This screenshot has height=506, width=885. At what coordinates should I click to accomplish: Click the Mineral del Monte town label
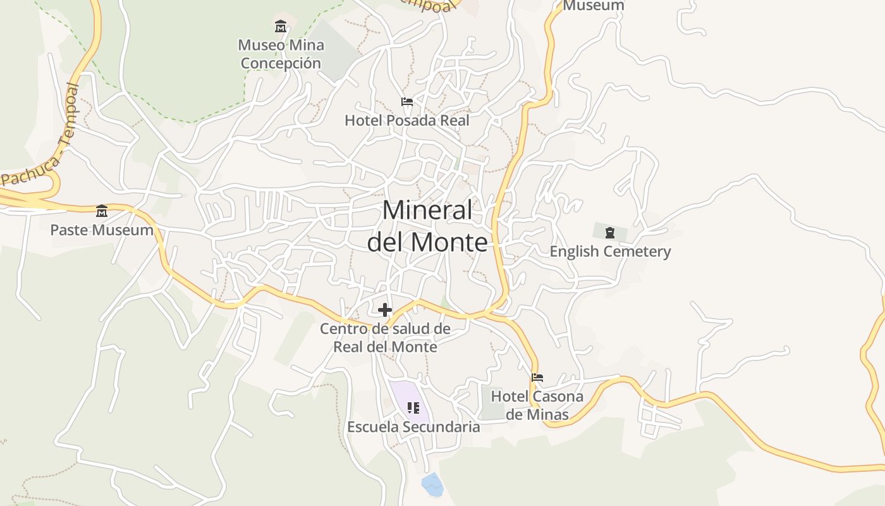point(428,226)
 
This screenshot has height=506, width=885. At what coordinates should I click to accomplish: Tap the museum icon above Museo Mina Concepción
point(281,27)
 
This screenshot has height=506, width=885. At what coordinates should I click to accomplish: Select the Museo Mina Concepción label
point(281,54)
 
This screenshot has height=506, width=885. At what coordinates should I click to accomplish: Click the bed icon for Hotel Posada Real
point(407,102)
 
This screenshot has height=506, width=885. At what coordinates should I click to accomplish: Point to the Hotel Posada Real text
point(407,120)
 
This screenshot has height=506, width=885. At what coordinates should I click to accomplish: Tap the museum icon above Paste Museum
point(102,211)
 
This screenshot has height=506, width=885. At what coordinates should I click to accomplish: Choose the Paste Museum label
point(102,230)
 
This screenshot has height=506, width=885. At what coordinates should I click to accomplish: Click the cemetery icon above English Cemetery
point(610,233)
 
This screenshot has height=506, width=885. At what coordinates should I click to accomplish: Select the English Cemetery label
point(610,251)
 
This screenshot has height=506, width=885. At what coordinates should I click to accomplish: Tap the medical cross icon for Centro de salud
point(385,310)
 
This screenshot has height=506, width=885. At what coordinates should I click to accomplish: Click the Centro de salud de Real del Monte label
point(385,338)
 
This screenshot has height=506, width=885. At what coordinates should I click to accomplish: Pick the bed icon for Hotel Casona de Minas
point(537,378)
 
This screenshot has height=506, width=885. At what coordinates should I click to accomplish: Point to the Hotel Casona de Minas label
point(537,405)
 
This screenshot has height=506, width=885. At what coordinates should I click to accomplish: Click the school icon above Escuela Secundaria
point(413,408)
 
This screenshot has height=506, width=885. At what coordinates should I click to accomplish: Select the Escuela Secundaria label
point(413,427)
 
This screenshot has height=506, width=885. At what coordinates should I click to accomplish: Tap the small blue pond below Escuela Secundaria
point(433,484)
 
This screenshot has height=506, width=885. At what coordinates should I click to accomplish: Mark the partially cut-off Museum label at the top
point(593,6)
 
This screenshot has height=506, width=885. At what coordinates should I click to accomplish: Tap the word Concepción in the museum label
point(281,63)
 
